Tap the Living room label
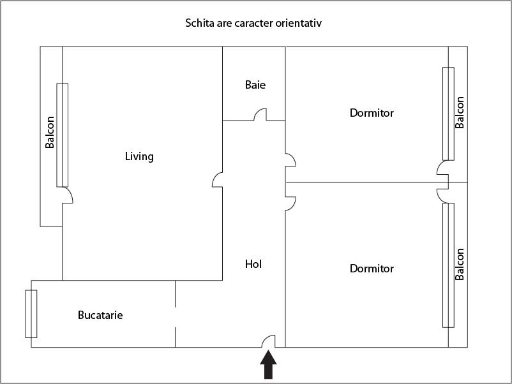click(x=139, y=156)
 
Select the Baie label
click(x=255, y=85)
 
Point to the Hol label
click(x=253, y=264)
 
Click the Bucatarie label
click(x=100, y=315)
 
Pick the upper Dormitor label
click(x=372, y=113)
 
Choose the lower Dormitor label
click(x=372, y=269)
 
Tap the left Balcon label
click(x=50, y=132)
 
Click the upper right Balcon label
click(x=460, y=113)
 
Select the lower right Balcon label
click(x=460, y=265)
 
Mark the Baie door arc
click(x=260, y=115)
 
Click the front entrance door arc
click(x=268, y=341)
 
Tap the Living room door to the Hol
click(x=217, y=180)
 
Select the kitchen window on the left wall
click(x=31, y=314)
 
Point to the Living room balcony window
click(x=62, y=135)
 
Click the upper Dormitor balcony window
click(x=449, y=114)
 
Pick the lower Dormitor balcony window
click(x=449, y=265)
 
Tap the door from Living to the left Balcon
click(x=68, y=196)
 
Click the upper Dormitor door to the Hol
click(x=290, y=159)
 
